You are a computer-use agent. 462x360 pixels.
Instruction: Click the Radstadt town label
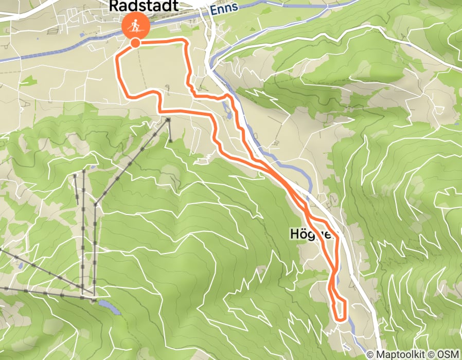[144, 6]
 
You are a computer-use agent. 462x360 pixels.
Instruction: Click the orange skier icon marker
[135, 25]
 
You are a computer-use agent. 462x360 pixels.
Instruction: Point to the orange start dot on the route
[135, 43]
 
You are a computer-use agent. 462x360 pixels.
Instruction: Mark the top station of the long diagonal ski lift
[169, 120]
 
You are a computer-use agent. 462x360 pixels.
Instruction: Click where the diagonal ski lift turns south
[96, 205]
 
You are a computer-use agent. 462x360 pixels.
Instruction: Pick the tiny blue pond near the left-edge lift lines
[19, 266]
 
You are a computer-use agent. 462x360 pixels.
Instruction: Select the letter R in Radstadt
[115, 6]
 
